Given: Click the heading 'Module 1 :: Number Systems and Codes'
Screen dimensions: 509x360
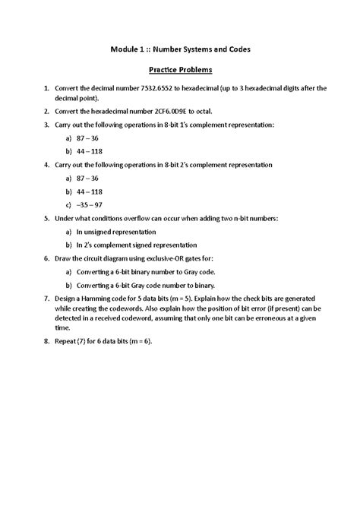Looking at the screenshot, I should tap(180, 49).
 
